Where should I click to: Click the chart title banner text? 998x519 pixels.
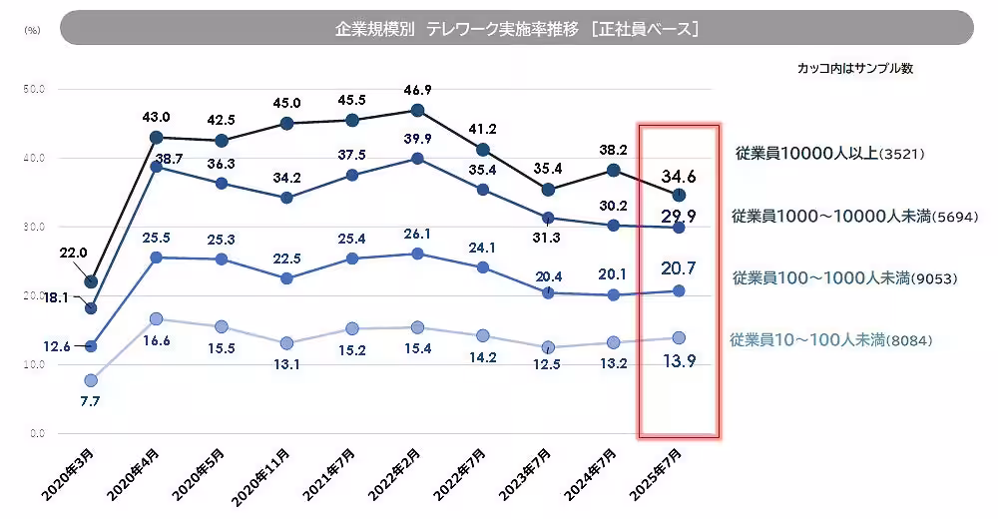(516, 29)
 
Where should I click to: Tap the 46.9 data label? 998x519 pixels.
(418, 90)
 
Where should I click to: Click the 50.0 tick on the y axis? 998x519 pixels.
(35, 89)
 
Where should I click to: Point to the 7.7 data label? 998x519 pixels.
(89, 400)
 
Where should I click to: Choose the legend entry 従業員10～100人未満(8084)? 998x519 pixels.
(831, 340)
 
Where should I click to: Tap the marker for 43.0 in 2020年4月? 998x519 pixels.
(156, 138)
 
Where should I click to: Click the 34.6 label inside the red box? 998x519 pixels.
(679, 177)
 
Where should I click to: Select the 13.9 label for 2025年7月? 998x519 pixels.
(679, 360)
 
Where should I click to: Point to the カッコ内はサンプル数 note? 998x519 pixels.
(855, 69)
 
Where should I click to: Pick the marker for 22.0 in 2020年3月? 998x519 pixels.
(91, 281)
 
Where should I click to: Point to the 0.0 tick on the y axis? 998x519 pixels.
(37, 434)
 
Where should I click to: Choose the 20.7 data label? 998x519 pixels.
(679, 266)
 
